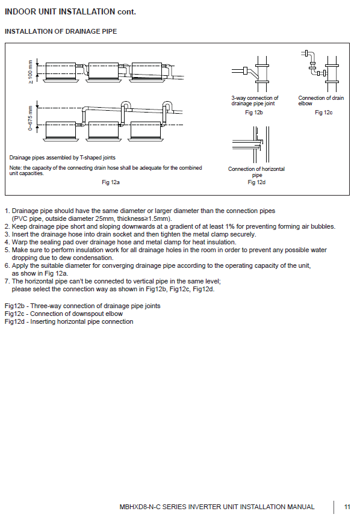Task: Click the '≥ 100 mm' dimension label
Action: click(x=30, y=72)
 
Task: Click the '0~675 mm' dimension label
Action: click(x=30, y=118)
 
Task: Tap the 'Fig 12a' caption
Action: click(x=111, y=182)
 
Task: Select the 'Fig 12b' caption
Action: click(x=254, y=113)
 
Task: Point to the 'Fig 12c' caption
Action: click(x=323, y=113)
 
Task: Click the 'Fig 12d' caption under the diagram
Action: click(x=256, y=182)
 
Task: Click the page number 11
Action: click(x=347, y=507)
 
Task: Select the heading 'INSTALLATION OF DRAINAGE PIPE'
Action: click(x=61, y=31)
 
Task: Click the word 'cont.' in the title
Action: click(x=126, y=12)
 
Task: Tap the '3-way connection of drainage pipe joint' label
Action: click(x=255, y=101)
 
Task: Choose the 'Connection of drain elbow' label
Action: click(x=321, y=101)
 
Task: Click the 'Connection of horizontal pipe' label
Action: click(x=256, y=172)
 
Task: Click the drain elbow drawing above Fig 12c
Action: click(x=320, y=71)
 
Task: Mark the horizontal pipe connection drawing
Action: click(x=251, y=144)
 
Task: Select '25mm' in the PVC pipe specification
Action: click(x=105, y=219)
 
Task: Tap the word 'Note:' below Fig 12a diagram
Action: click(x=15, y=168)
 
